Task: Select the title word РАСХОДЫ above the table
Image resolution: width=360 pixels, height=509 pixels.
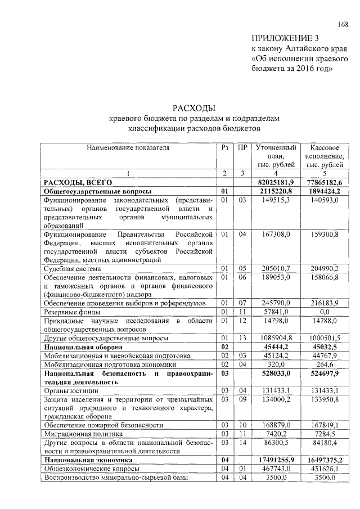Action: [193, 109]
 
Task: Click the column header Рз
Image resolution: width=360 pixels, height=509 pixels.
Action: [224, 147]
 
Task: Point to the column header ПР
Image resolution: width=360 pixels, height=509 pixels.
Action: [242, 147]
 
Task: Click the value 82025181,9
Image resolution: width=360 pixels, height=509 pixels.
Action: [276, 182]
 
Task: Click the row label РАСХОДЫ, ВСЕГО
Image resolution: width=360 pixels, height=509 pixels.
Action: [79, 182]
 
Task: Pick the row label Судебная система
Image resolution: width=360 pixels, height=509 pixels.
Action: [71, 269]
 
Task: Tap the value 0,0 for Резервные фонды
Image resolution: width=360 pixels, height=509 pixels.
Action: [324, 311]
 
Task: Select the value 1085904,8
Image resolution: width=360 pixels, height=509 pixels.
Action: [276, 338]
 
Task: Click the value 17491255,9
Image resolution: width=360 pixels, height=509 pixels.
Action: [276, 460]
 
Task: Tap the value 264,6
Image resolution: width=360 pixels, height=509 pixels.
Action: [324, 364]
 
